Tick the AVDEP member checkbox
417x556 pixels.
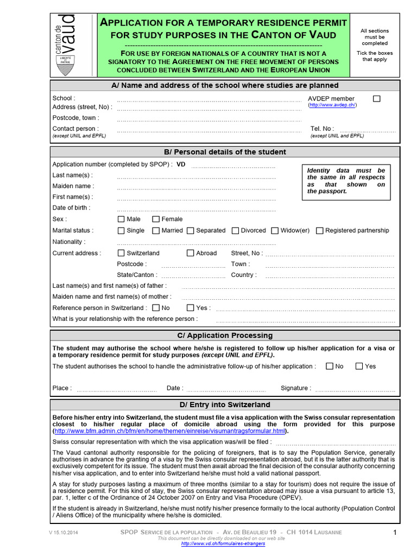click(x=377, y=98)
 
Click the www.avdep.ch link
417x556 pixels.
click(x=332, y=105)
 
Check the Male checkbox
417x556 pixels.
click(x=121, y=219)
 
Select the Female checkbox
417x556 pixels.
click(x=156, y=219)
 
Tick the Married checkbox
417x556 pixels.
click(x=156, y=231)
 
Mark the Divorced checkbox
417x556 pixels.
click(x=235, y=231)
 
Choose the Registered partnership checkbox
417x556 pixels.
click(x=320, y=231)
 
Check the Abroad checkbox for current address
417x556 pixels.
click(x=191, y=253)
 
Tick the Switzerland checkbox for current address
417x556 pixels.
click(x=121, y=253)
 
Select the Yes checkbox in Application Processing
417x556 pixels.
click(x=359, y=366)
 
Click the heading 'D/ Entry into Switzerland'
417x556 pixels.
click(x=225, y=405)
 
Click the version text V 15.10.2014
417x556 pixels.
click(x=64, y=533)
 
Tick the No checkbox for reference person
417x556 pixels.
click(x=156, y=308)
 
